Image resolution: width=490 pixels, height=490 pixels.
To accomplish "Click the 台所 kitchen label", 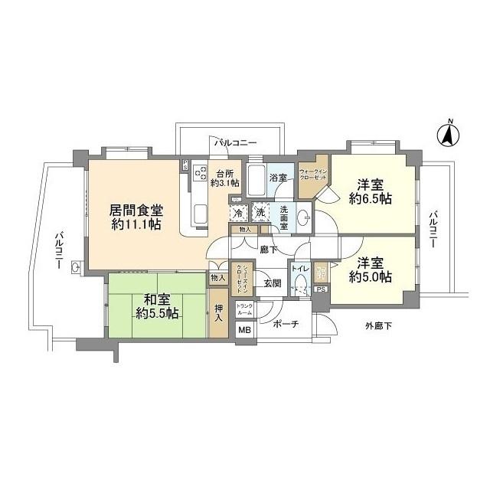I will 227,177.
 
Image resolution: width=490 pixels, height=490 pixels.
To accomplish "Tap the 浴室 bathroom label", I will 279,178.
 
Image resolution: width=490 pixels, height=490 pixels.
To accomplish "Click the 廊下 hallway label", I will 268,249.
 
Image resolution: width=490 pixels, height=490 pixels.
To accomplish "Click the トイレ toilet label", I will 299,270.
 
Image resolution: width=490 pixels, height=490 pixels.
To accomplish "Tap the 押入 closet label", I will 219,309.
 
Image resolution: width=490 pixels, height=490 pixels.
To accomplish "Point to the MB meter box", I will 244,330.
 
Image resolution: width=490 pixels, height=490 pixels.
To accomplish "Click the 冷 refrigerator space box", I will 240,212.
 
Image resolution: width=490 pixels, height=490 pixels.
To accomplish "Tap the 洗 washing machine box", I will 260,212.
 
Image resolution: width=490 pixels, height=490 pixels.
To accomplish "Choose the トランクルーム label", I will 244,310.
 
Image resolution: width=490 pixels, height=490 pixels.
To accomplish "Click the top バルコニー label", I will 235,142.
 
